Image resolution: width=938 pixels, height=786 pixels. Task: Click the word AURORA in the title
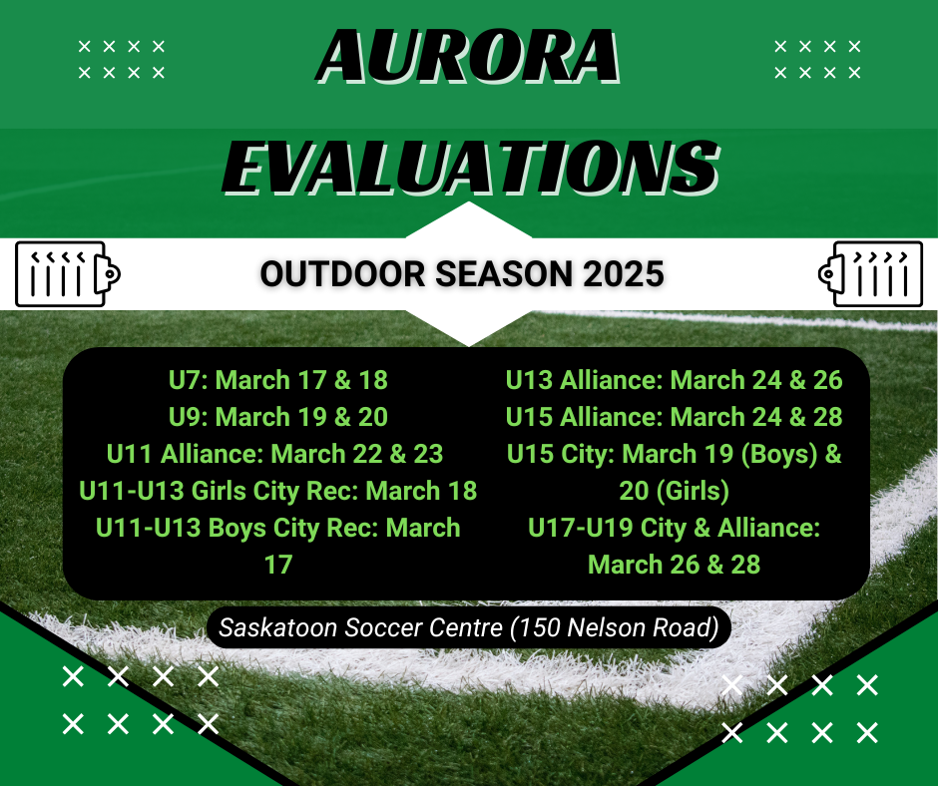point(468,56)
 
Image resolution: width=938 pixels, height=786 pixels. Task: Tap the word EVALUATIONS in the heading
point(470,168)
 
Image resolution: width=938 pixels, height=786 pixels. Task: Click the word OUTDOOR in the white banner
point(343,274)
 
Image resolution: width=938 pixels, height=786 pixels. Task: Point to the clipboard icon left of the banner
point(68,274)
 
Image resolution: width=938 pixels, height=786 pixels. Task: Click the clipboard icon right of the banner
point(870,274)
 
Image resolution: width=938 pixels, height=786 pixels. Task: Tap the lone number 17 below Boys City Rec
point(278,565)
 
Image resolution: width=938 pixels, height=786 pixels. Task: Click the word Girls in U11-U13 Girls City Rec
point(219,491)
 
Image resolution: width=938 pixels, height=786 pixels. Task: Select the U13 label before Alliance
point(529,380)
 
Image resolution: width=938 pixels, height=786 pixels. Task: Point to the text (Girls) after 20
point(693,491)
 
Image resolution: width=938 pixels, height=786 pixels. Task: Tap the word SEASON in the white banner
point(504,274)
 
